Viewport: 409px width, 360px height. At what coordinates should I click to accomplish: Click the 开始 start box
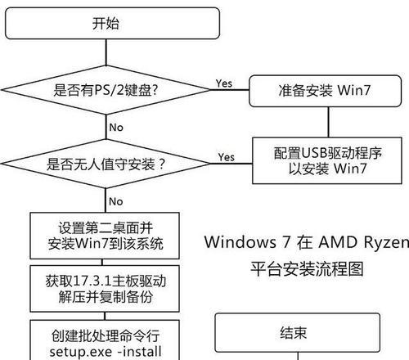[112, 23]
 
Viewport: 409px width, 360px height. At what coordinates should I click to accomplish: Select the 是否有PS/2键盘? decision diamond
[106, 90]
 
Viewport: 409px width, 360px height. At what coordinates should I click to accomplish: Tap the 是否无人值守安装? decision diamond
[106, 164]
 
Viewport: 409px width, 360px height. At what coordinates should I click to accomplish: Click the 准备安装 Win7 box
[325, 91]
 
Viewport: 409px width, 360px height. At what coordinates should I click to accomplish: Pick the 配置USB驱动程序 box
[327, 160]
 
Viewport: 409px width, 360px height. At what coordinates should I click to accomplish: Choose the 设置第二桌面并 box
[105, 236]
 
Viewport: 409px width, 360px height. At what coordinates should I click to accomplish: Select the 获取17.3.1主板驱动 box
[105, 289]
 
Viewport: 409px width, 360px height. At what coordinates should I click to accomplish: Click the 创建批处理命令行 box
[105, 340]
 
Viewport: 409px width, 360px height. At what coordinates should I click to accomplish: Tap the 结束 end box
[298, 332]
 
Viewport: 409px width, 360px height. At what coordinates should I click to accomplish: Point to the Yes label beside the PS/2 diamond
[224, 83]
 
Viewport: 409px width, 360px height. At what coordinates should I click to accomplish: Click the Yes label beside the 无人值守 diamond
[226, 157]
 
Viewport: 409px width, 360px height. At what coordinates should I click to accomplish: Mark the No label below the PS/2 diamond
[116, 128]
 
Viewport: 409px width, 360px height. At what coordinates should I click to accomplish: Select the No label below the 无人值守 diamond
[116, 201]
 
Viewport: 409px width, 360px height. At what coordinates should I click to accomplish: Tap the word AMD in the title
[338, 242]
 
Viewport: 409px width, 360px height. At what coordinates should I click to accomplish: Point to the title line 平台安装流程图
[307, 269]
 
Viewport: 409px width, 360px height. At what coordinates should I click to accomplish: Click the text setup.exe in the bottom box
[81, 352]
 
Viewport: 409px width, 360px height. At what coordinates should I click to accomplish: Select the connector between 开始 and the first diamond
[106, 52]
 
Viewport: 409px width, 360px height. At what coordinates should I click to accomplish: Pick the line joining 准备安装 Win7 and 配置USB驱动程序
[328, 122]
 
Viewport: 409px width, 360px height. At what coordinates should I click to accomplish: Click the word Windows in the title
[240, 242]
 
